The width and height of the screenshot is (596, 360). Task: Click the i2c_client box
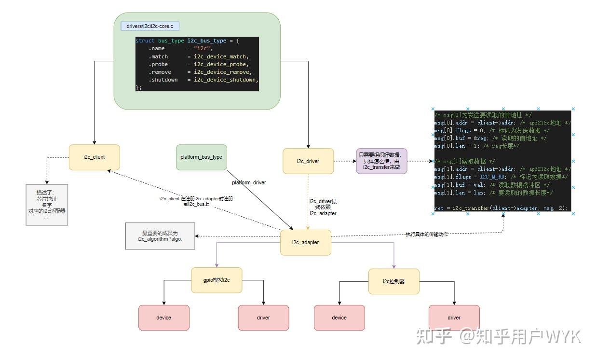pyautogui.click(x=94, y=157)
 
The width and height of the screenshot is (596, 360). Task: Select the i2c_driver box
pyautogui.click(x=308, y=161)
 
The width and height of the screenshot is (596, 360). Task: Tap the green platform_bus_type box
pyautogui.click(x=201, y=157)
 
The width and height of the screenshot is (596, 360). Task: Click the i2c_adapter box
pyautogui.click(x=305, y=242)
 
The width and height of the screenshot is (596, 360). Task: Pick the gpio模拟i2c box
pyautogui.click(x=217, y=280)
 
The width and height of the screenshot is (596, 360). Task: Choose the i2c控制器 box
pyautogui.click(x=393, y=281)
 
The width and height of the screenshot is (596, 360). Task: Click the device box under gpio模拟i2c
pyautogui.click(x=163, y=318)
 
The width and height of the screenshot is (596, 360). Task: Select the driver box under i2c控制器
pyautogui.click(x=454, y=318)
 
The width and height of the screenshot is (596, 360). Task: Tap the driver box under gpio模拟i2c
pyautogui.click(x=263, y=318)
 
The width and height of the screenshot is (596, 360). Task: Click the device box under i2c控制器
pyautogui.click(x=339, y=318)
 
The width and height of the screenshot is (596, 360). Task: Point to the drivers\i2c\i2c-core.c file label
pyautogui.click(x=149, y=26)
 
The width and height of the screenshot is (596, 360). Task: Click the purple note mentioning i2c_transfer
pyautogui.click(x=381, y=161)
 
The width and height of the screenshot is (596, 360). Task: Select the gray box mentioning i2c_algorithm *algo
pyautogui.click(x=160, y=236)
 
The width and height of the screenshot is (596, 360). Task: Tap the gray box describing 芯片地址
pyautogui.click(x=47, y=205)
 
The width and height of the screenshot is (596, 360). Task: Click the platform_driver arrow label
pyautogui.click(x=249, y=183)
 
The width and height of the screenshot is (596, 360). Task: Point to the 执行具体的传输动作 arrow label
pyautogui.click(x=426, y=234)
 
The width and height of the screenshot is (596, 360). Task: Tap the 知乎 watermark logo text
pyautogui.click(x=434, y=336)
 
